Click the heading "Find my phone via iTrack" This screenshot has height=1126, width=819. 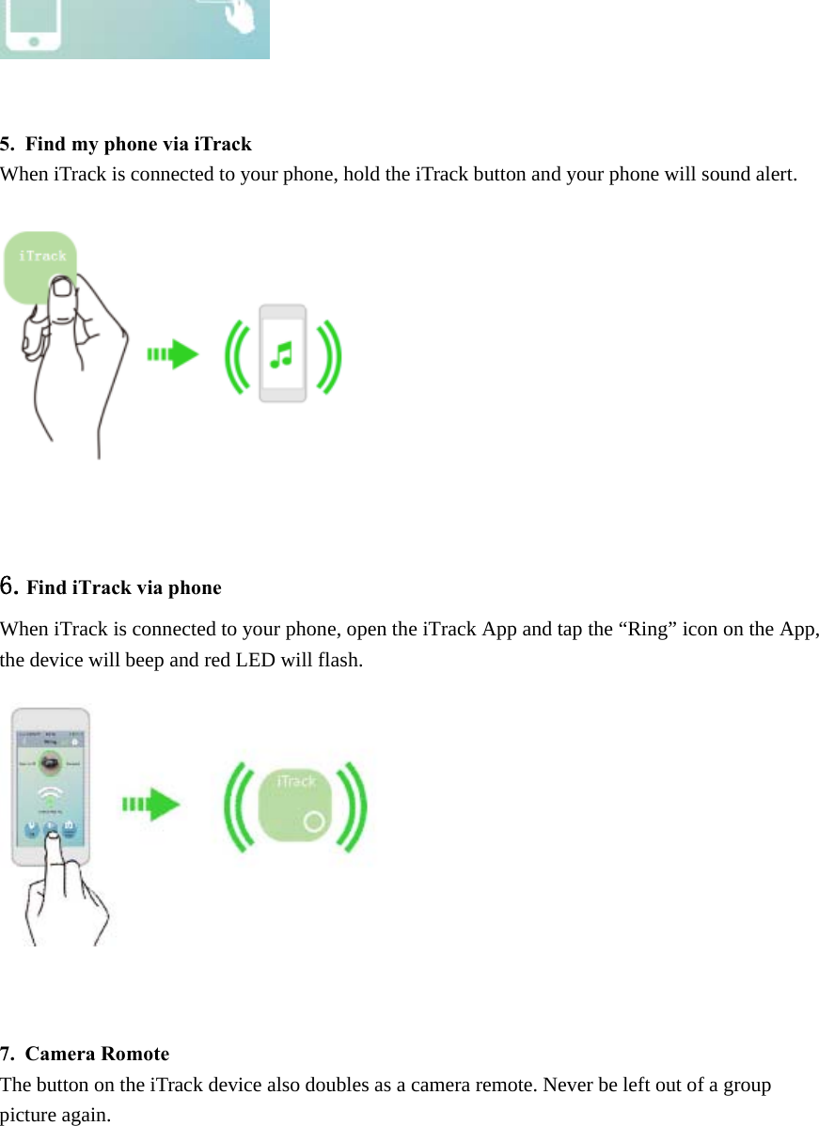coord(138,144)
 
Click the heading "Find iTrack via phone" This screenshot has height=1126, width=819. coord(124,587)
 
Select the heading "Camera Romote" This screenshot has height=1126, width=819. coord(98,1054)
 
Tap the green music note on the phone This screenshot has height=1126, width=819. coord(281,353)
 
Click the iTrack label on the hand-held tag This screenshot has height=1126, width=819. coord(42,256)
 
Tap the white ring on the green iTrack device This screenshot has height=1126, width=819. coord(315,821)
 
